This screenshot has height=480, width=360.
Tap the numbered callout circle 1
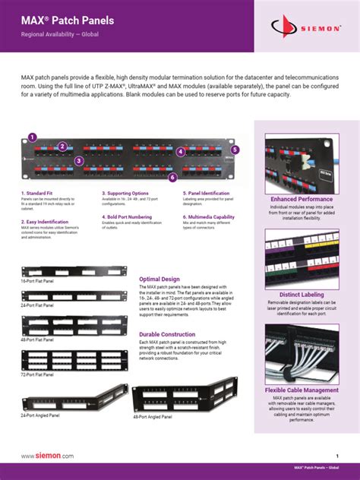pos(32,137)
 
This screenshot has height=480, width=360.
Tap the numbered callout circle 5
pos(235,150)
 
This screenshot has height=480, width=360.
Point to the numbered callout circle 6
pos(173,178)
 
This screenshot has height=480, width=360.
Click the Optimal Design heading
pos(159,279)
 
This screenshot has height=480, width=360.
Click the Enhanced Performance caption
pos(302,199)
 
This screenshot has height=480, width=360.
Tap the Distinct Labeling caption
pos(302,295)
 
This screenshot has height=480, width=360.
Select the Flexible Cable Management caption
pos(302,390)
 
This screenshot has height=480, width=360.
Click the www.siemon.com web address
pos(47,456)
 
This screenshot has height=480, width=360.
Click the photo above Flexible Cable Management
pos(302,353)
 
